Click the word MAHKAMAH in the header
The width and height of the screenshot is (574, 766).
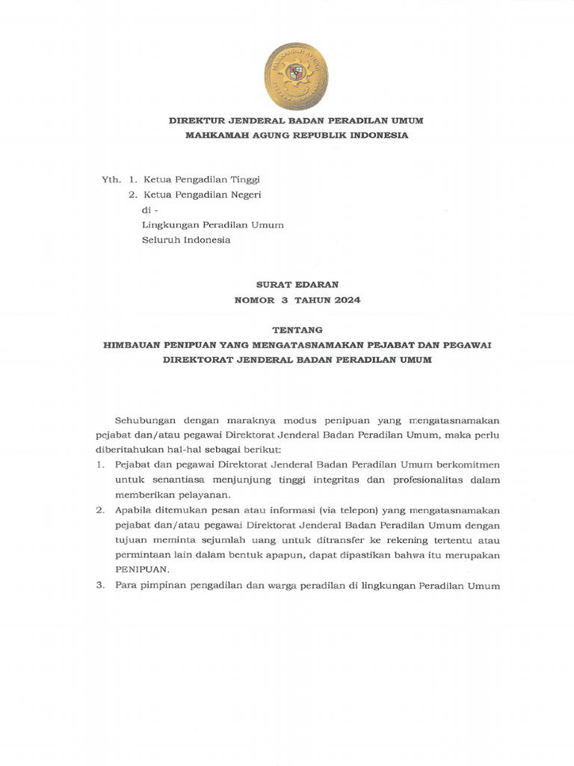(217, 135)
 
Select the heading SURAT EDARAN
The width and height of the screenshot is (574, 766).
(297, 284)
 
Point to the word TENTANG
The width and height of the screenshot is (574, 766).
(297, 329)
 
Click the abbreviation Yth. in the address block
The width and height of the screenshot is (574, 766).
(111, 180)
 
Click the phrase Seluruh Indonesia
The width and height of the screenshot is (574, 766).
(186, 240)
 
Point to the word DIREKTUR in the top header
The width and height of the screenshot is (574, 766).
(196, 120)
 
